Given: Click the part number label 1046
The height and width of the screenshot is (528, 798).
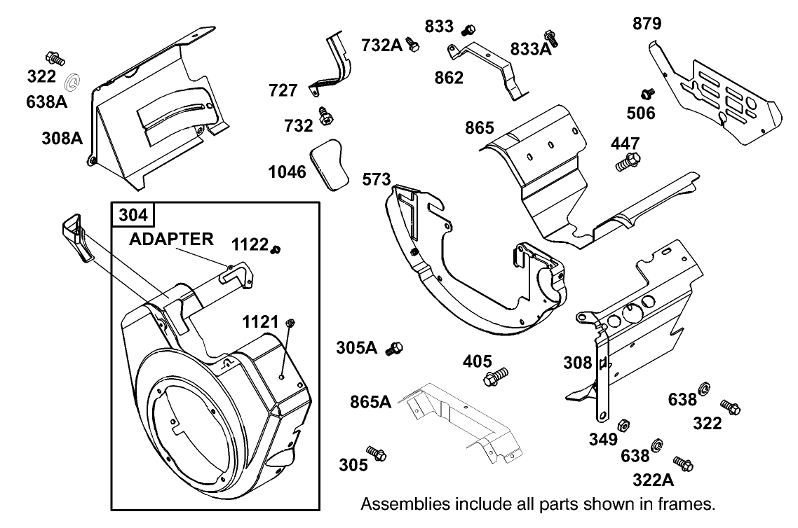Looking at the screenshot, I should coord(288,171).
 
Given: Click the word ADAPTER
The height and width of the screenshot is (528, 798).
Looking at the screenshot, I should coord(171,239).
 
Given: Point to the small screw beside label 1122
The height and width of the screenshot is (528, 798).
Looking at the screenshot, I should coord(276,248).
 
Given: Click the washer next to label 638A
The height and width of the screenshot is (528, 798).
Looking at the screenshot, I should coord(72,83).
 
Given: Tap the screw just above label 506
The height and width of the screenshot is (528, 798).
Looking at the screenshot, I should coord(647,93).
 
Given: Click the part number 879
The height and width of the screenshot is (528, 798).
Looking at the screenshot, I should coord(647,24).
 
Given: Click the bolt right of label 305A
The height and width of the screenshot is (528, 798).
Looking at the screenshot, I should coord(395,348).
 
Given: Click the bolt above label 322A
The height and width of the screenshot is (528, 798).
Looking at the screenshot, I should coord(683,463).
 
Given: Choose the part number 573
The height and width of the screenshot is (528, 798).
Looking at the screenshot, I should coord(377,179).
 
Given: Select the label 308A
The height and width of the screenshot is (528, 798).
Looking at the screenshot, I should coord(62,137).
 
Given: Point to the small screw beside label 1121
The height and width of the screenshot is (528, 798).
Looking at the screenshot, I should coord(292,323).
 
